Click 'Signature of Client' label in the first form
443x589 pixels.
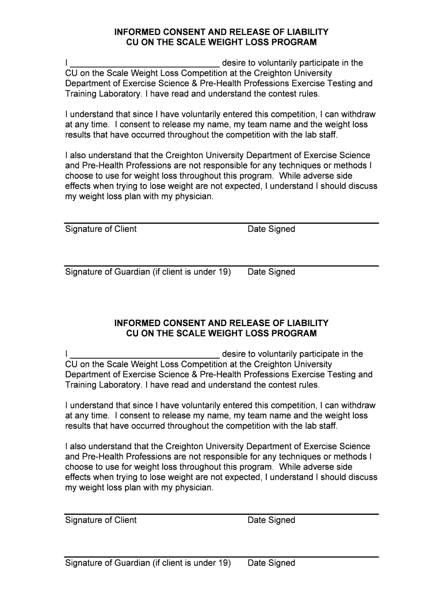[x=101, y=229]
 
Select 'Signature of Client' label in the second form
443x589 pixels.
[x=101, y=520]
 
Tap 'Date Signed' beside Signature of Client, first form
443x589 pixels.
[x=271, y=229]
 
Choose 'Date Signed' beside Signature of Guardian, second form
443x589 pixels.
[x=271, y=563]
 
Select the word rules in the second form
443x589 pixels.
[x=308, y=385]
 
